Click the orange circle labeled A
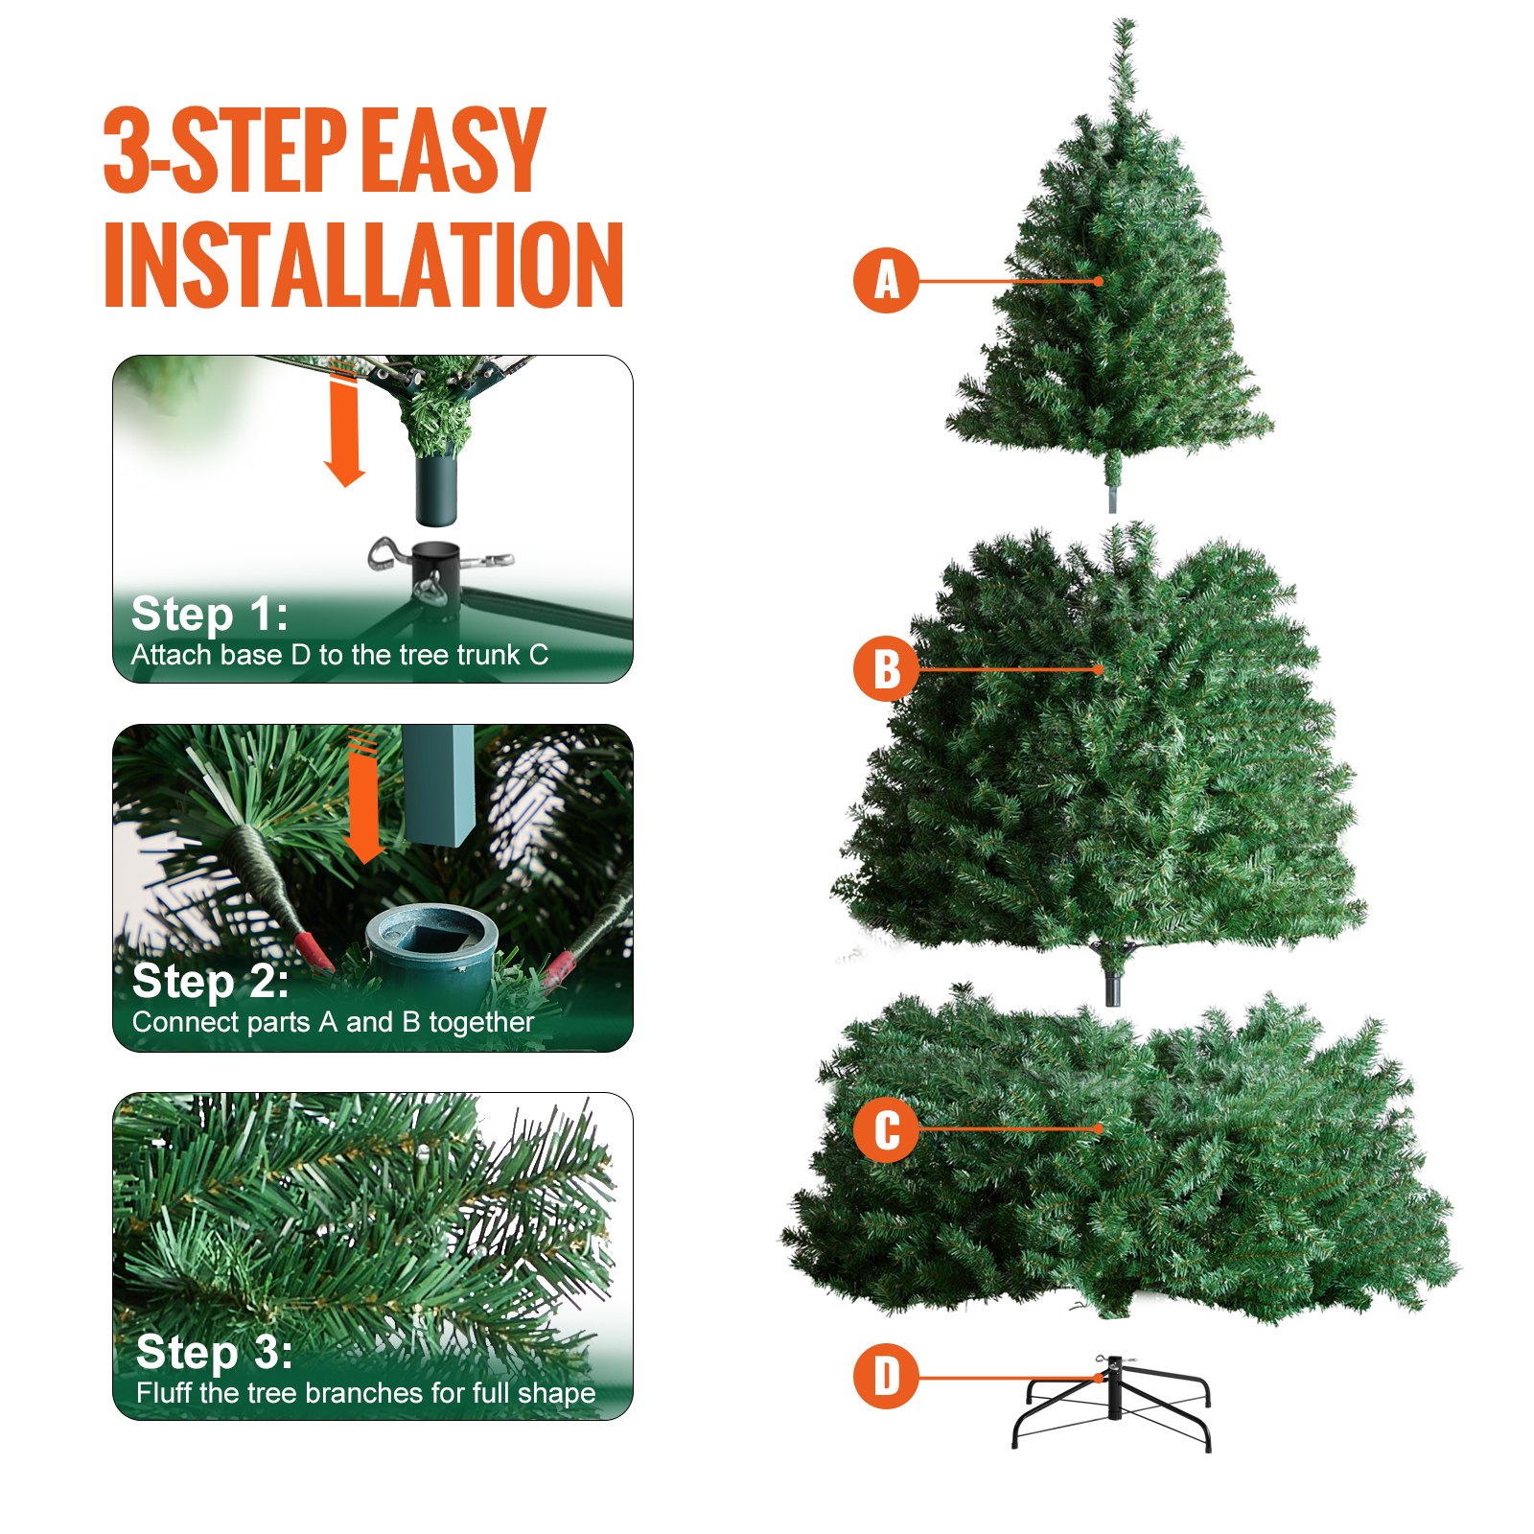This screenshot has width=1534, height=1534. [x=886, y=281]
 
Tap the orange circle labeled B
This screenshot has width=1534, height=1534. [x=886, y=668]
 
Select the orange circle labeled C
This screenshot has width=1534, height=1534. [x=886, y=1129]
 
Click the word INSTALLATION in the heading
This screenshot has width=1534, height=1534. [x=364, y=266]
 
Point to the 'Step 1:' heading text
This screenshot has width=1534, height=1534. [x=209, y=615]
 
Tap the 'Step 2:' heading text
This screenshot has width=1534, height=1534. [x=211, y=982]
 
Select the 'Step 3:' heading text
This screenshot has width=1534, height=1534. [x=215, y=1352]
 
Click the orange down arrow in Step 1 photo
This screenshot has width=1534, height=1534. [x=344, y=431]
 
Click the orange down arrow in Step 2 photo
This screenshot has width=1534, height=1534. [x=363, y=796]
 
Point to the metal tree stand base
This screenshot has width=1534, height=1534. [x=1112, y=1405]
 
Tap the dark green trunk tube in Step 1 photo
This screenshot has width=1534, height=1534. [x=436, y=489]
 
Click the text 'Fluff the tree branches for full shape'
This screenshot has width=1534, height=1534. [x=366, y=1393]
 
